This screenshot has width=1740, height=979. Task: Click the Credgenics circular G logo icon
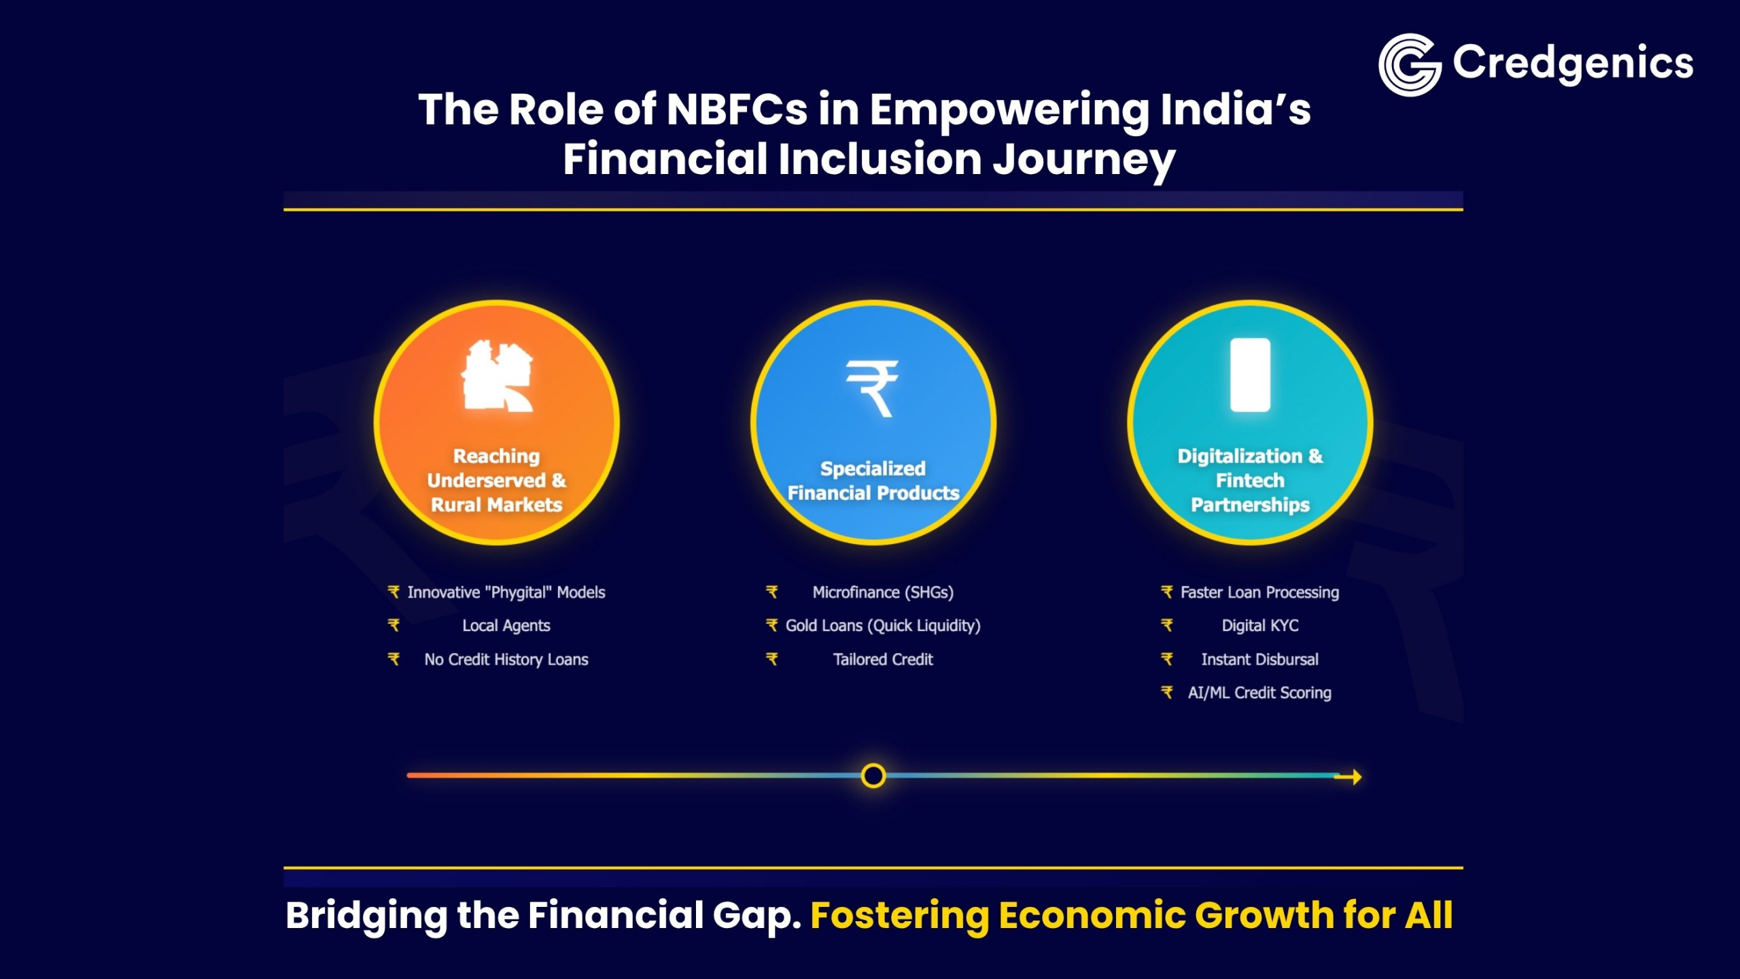(x=1409, y=65)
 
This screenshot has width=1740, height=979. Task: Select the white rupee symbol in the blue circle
(x=872, y=388)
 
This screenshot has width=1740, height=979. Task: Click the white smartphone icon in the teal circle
(x=1250, y=375)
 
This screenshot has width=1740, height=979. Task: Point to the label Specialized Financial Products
(x=873, y=481)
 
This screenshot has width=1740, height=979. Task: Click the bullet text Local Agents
(x=506, y=625)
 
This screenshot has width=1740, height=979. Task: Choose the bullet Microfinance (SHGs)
(x=882, y=592)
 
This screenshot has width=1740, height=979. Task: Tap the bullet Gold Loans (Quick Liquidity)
(x=882, y=625)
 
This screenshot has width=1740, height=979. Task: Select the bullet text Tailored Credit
(x=882, y=659)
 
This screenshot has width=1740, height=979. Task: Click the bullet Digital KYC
(x=1259, y=625)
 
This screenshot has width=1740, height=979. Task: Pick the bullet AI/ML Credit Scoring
(x=1259, y=693)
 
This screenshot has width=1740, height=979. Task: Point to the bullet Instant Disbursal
(x=1259, y=659)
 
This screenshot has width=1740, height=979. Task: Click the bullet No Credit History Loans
(x=506, y=659)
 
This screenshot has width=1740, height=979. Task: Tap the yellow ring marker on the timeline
(x=873, y=776)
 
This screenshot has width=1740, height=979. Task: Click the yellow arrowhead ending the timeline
(x=1355, y=777)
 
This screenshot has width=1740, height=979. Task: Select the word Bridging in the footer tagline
(x=366, y=916)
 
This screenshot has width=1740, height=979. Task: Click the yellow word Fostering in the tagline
(x=899, y=916)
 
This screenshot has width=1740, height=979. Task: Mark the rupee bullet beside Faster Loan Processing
(x=1166, y=592)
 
